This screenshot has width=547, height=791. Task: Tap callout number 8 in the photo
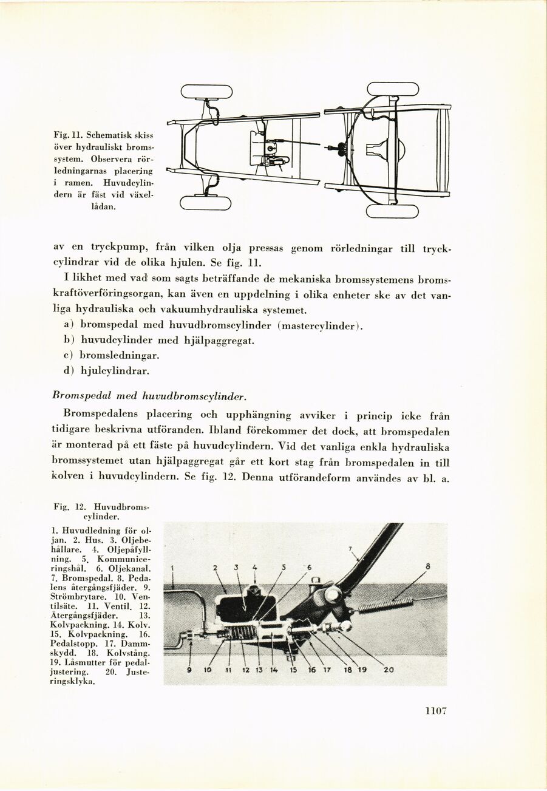pyautogui.click(x=427, y=566)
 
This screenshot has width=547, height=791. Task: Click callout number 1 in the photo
pyautogui.click(x=173, y=569)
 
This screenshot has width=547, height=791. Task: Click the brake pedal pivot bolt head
pyautogui.click(x=332, y=595)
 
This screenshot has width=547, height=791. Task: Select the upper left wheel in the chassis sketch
pyautogui.click(x=206, y=92)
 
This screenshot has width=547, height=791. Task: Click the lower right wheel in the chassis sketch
pyautogui.click(x=392, y=211)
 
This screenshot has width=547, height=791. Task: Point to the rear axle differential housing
pyautogui.click(x=397, y=148)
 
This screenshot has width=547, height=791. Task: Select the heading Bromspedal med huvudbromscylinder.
pyautogui.click(x=149, y=396)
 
